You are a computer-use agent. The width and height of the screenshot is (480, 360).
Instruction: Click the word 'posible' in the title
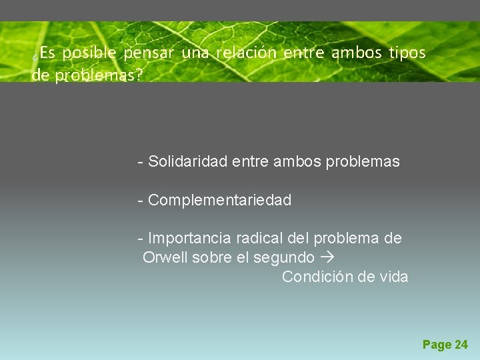89,53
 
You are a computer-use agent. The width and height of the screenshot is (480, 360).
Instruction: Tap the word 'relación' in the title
245,53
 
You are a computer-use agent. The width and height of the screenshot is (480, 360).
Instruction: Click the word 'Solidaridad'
188,161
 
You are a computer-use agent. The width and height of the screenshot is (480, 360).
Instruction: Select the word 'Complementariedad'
219,200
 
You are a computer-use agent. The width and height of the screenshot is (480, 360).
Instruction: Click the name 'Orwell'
165,257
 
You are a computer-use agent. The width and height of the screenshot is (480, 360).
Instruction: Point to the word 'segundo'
288,257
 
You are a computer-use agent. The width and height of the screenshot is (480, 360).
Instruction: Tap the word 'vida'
392,277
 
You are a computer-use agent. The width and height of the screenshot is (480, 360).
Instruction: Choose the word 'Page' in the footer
437,345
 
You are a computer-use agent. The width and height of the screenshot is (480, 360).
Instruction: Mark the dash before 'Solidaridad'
140,162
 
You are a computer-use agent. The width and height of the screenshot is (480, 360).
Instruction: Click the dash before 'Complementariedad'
140,201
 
